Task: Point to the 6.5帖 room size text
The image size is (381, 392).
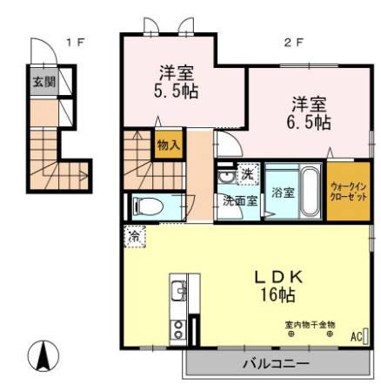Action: [310, 121]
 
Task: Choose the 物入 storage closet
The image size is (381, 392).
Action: [168, 145]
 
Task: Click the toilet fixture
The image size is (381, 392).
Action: [149, 206]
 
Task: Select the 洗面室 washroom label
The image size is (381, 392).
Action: [237, 199]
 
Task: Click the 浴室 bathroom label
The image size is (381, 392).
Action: [281, 191]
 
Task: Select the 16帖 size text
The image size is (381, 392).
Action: [277, 296]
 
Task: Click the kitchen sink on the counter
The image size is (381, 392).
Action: [177, 291]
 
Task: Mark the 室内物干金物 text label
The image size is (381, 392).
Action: [310, 324]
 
